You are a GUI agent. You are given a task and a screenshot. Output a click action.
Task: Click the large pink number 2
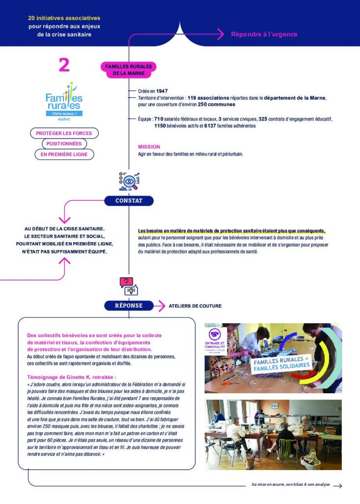click(x=64, y=65)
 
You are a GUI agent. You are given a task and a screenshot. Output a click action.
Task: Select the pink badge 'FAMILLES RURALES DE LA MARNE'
click(x=128, y=69)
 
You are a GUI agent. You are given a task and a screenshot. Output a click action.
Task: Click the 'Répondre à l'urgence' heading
click(x=264, y=34)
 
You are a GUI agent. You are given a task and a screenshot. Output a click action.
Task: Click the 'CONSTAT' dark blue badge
click(x=129, y=201)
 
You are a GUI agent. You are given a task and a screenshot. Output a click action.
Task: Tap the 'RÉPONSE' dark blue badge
click(x=128, y=306)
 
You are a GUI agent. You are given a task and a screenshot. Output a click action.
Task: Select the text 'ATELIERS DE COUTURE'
click(x=195, y=306)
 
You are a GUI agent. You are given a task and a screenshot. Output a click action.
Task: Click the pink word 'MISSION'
click(x=149, y=147)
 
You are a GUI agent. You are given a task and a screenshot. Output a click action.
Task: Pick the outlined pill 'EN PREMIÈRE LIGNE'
click(x=64, y=155)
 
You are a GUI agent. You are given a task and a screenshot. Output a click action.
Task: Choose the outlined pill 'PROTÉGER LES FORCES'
click(x=64, y=133)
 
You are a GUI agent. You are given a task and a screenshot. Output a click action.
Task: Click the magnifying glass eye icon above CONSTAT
click(x=129, y=182)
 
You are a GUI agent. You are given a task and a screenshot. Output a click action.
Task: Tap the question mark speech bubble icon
click(x=127, y=283)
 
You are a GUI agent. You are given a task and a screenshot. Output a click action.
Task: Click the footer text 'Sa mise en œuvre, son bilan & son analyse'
click(x=291, y=485)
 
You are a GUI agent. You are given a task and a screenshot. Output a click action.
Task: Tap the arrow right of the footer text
click(x=337, y=485)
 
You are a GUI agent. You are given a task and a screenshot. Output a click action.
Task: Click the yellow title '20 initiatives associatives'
click(x=64, y=18)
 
